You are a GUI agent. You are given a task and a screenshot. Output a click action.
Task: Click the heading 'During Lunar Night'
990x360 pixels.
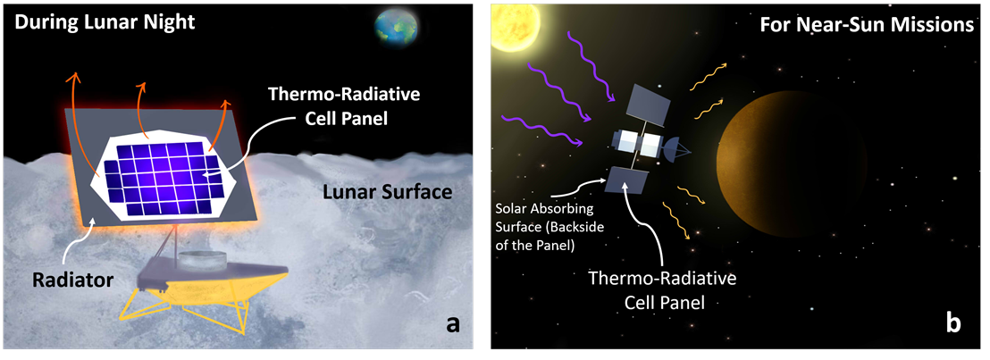pyautogui.click(x=105, y=23)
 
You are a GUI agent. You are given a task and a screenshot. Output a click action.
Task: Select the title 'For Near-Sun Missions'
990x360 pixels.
pyautogui.click(x=868, y=26)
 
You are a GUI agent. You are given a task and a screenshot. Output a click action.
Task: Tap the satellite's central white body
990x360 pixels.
pyautogui.click(x=639, y=144)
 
